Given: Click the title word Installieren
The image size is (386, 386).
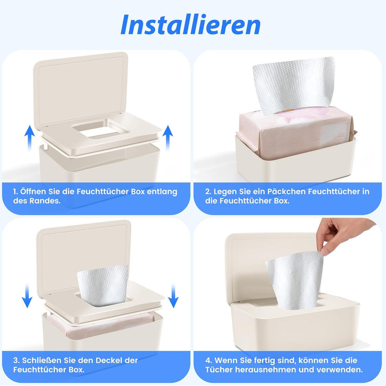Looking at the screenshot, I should click(190, 25).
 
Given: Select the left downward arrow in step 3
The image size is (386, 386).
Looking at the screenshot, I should click(27, 295).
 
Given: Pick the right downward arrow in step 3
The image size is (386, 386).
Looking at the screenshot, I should click(174, 295).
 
